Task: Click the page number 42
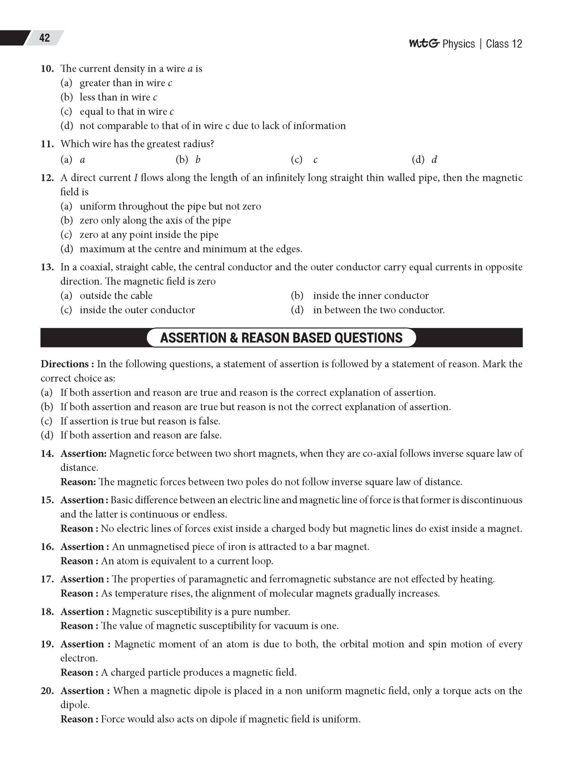[x=44, y=38]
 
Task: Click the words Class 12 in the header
[x=504, y=44]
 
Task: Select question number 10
[x=47, y=69]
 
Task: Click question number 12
[x=47, y=178]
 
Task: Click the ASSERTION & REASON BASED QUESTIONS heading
[x=281, y=338]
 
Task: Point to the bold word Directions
[x=65, y=364]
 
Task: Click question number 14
[x=47, y=454]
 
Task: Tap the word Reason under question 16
[x=77, y=561]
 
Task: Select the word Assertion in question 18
[x=82, y=612]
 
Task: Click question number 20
[x=47, y=691]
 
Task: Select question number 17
[x=47, y=579]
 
